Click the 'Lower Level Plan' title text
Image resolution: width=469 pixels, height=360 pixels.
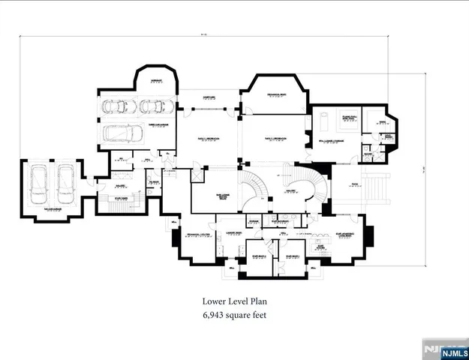234,301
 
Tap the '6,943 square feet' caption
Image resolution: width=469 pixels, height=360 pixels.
234,316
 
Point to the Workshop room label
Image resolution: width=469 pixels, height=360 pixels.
156,80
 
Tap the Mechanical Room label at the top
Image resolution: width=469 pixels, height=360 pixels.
278,94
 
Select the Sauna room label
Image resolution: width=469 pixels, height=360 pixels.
372,119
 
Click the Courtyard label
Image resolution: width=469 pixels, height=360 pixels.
209,97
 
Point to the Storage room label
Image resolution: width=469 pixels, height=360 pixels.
254,222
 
